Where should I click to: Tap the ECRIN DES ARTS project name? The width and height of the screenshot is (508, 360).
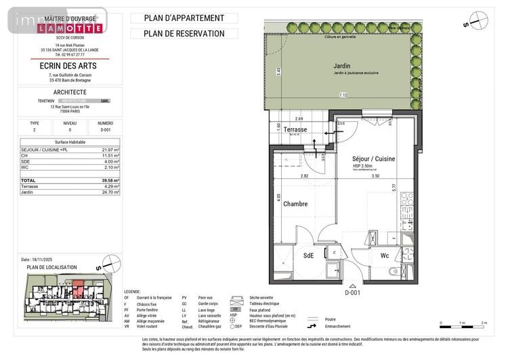(70, 66)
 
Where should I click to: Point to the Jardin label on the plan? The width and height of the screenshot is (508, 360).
(342, 66)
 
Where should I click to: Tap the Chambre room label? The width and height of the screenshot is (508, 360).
(295, 204)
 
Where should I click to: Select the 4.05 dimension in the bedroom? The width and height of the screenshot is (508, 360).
(278, 199)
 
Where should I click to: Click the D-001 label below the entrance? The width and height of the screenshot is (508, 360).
(352, 293)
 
